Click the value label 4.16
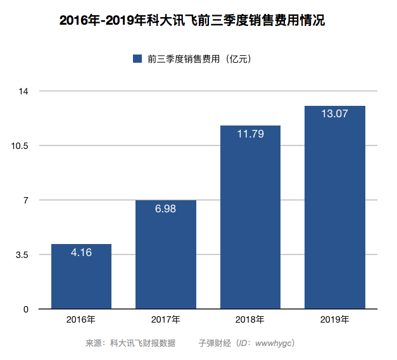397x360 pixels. pos(81,252)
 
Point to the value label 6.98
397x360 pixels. pos(166,209)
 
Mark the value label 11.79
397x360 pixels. pos(250,134)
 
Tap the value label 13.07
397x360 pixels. pos(334,114)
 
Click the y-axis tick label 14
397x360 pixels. pos(24,91)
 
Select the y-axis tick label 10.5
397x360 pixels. pos(21,146)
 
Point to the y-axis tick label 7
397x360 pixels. pos(26,200)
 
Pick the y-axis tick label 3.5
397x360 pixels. pos(22,255)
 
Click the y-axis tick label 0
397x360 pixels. pos(26,309)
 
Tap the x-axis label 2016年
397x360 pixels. pos(81,319)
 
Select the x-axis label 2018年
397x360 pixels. pos(250,319)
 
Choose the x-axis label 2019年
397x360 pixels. pos(334,319)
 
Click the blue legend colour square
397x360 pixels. pos(137,59)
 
